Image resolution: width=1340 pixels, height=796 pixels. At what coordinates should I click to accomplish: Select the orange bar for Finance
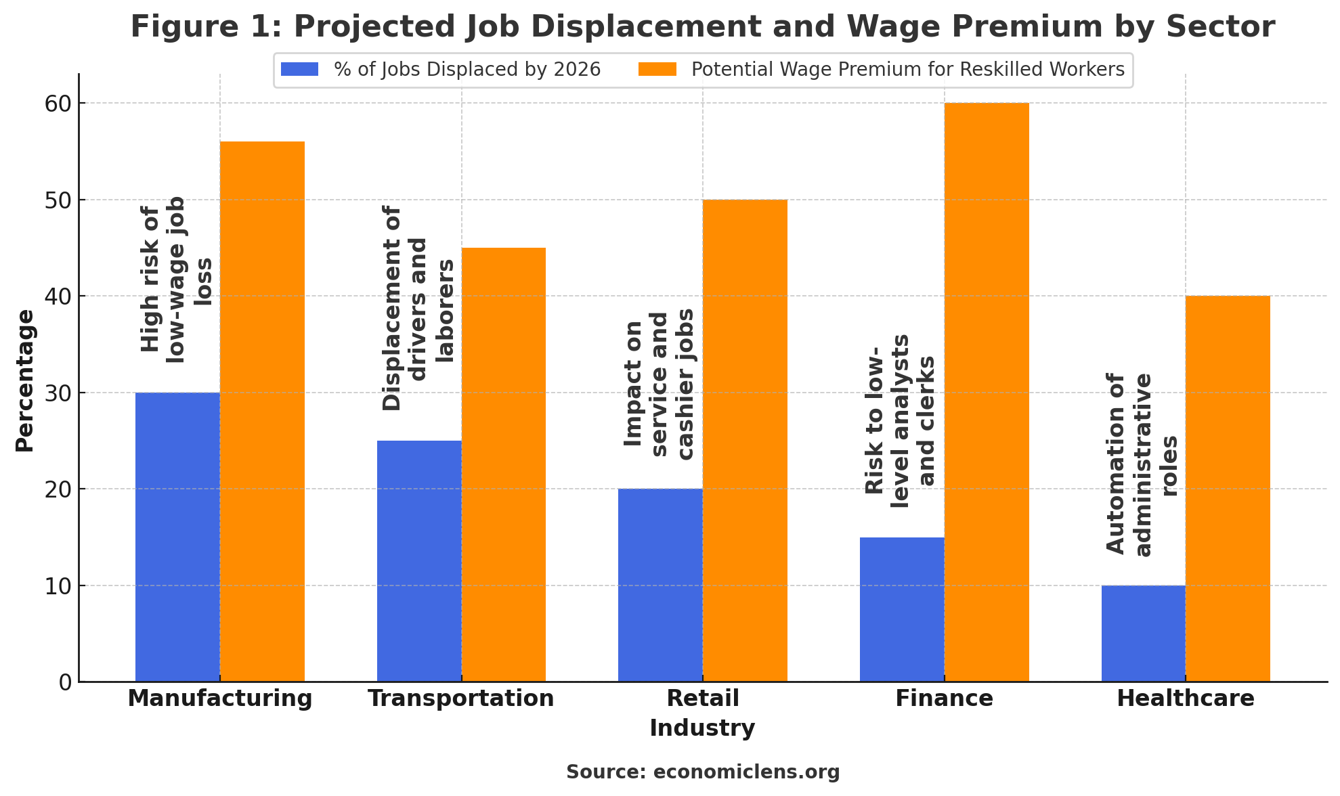[987, 392]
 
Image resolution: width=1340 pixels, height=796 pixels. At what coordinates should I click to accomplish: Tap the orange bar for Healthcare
[1228, 489]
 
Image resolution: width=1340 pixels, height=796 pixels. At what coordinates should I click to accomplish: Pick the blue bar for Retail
[660, 585]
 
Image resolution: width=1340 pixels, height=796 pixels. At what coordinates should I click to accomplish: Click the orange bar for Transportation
[504, 464]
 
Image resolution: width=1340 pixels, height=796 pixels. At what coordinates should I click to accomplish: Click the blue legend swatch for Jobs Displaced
[299, 70]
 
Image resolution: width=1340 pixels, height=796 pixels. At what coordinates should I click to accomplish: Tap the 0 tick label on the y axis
[65, 682]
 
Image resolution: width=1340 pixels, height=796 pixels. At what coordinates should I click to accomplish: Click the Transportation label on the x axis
[461, 699]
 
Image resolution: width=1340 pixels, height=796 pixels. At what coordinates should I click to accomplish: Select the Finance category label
[944, 699]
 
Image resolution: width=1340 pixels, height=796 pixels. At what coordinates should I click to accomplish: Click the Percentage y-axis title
[25, 380]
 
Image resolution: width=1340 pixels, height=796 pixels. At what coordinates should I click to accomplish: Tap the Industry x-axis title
[702, 728]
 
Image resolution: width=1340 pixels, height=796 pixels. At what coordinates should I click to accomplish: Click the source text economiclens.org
[703, 772]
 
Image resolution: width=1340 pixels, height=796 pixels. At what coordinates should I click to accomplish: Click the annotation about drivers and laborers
[418, 309]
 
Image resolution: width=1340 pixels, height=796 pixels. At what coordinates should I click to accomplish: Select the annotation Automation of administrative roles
[1142, 464]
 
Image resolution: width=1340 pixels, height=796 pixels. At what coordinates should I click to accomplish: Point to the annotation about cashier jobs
[659, 384]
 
